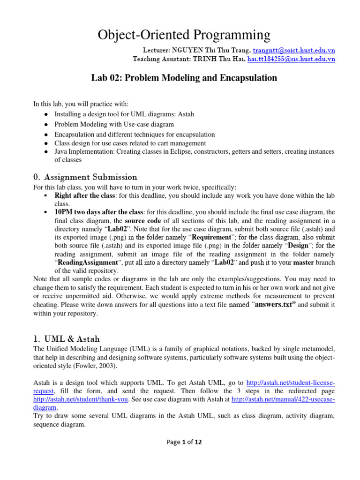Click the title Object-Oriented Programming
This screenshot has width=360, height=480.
[184, 35]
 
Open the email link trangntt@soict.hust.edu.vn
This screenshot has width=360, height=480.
[294, 50]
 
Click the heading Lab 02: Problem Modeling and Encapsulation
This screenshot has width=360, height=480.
[184, 78]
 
